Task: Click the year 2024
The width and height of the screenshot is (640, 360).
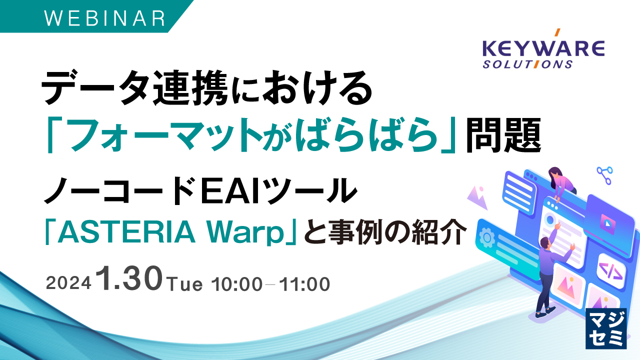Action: pos(68,284)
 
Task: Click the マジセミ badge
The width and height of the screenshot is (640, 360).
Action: pos(605,327)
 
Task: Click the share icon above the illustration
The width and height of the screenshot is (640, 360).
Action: pos(604,175)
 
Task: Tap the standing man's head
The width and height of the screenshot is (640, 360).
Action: pos(545,243)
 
